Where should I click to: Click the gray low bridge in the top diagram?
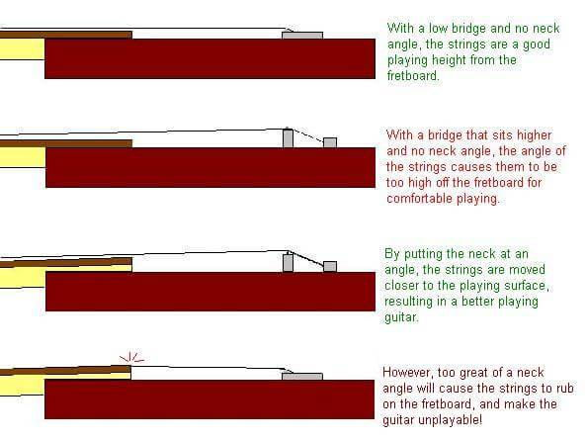point(302,36)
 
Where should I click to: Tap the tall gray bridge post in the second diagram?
point(288,137)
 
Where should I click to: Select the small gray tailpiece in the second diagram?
point(330,142)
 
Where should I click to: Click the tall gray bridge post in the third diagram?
point(288,262)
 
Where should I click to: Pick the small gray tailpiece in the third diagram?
point(330,266)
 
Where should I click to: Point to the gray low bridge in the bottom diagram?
point(302,376)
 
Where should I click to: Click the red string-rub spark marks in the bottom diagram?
point(131,358)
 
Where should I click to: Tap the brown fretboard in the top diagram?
point(66,35)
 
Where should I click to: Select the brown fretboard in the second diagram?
point(66,143)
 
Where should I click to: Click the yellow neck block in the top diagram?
point(22,48)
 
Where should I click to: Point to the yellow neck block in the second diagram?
point(23,157)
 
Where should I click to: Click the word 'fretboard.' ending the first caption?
point(413,76)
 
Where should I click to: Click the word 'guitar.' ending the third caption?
point(401,317)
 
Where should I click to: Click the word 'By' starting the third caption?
point(392,254)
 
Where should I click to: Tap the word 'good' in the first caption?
point(537,44)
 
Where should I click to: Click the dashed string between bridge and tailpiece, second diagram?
point(308,135)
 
